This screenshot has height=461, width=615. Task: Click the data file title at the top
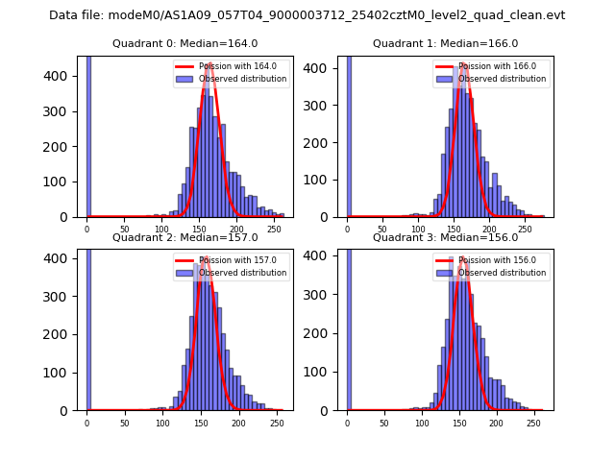coord(307,15)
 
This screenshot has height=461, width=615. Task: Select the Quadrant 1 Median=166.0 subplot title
coord(445,43)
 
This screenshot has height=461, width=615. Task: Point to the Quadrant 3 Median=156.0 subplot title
coord(445,237)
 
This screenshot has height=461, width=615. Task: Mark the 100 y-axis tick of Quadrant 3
coord(323,372)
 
